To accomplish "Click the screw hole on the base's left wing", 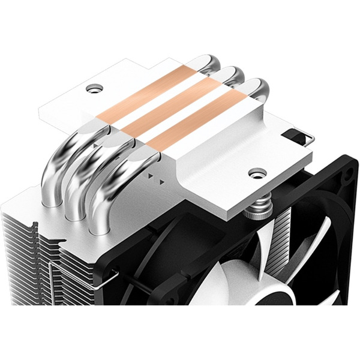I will (94, 89).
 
